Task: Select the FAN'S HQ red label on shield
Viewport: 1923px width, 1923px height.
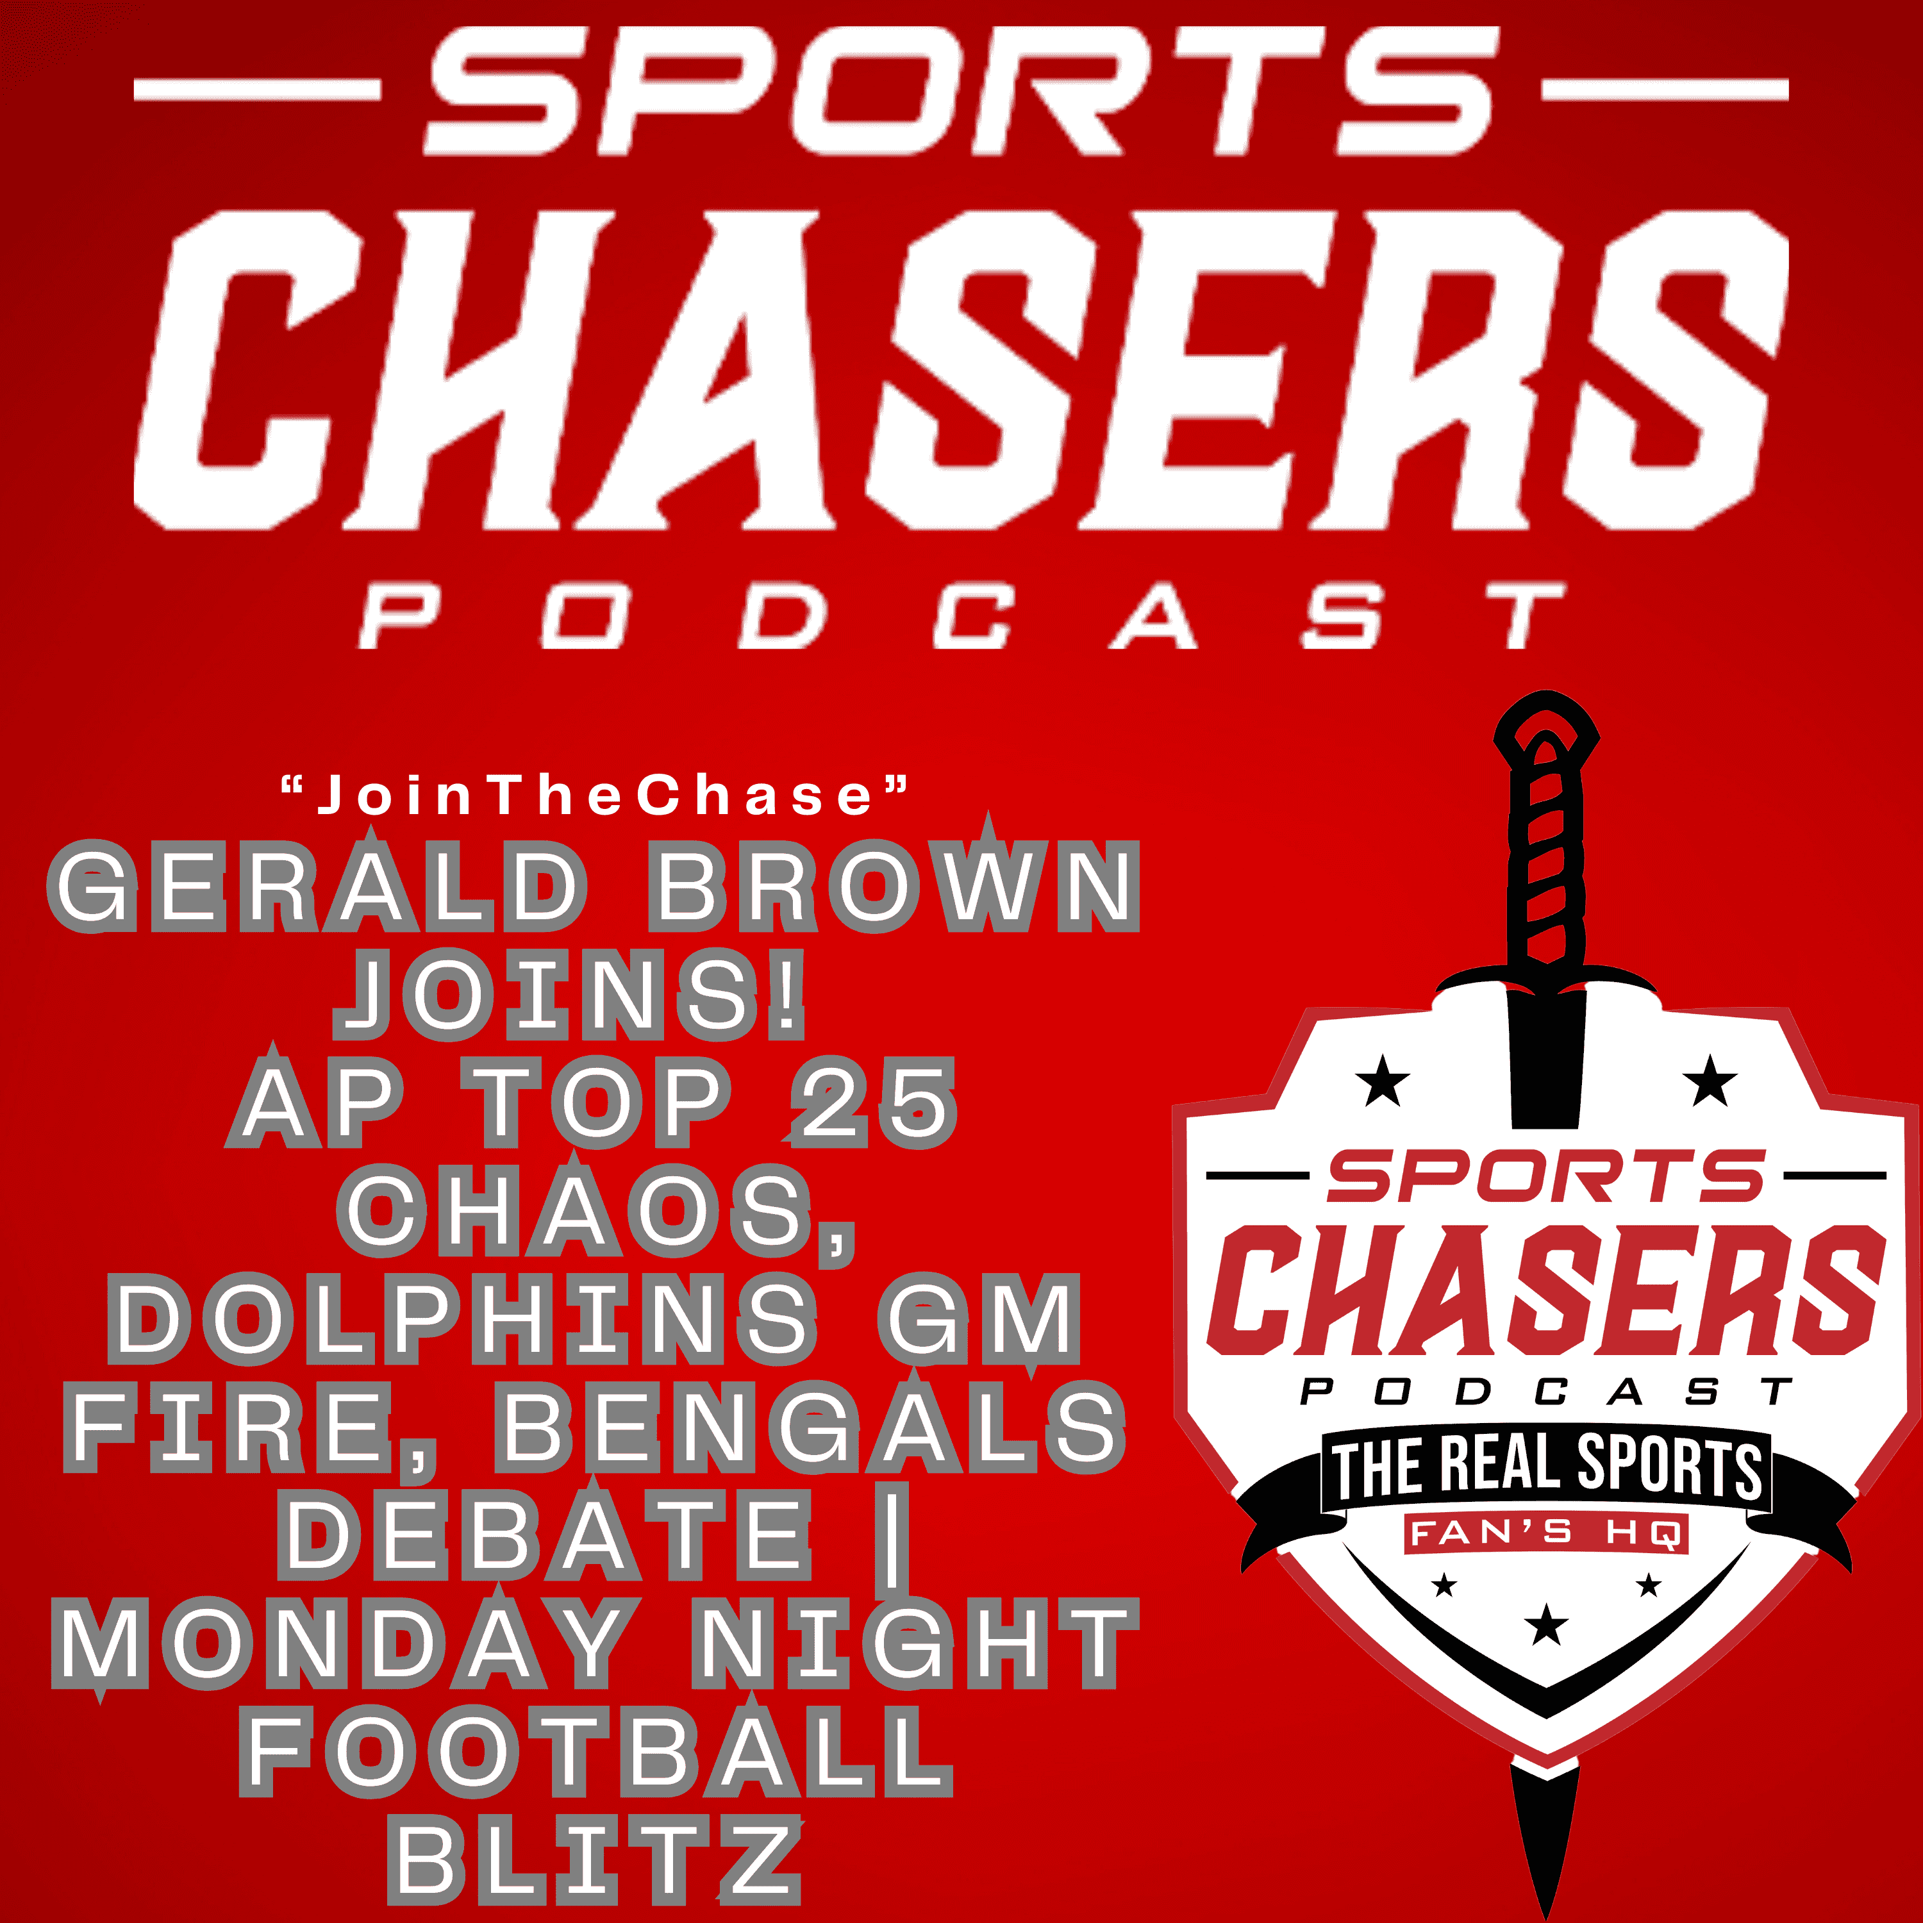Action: pos(1545,1533)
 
